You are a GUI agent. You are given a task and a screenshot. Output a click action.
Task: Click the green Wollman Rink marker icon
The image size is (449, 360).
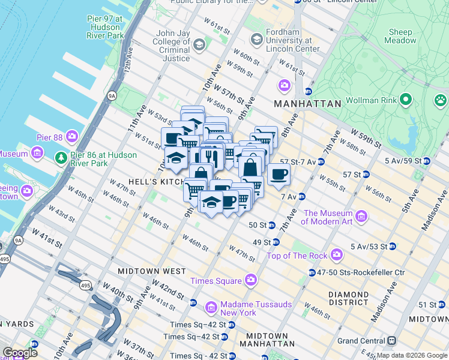tap(406, 99)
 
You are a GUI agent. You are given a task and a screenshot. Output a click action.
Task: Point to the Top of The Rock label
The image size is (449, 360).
tap(297, 256)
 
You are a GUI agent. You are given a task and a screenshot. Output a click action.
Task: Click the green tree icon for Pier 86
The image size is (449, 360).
tap(61, 158)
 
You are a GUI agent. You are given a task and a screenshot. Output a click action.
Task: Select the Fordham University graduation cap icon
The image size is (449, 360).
tap(257, 40)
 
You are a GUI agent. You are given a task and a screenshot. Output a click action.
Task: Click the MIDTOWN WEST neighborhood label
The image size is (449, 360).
tap(152, 271)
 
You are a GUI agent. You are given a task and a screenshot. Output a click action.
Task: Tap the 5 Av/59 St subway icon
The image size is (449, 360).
tap(426, 161)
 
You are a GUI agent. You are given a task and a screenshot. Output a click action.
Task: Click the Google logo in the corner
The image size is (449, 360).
tap(20, 353)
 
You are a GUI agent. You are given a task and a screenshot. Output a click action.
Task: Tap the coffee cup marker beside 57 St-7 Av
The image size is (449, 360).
tap(279, 175)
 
